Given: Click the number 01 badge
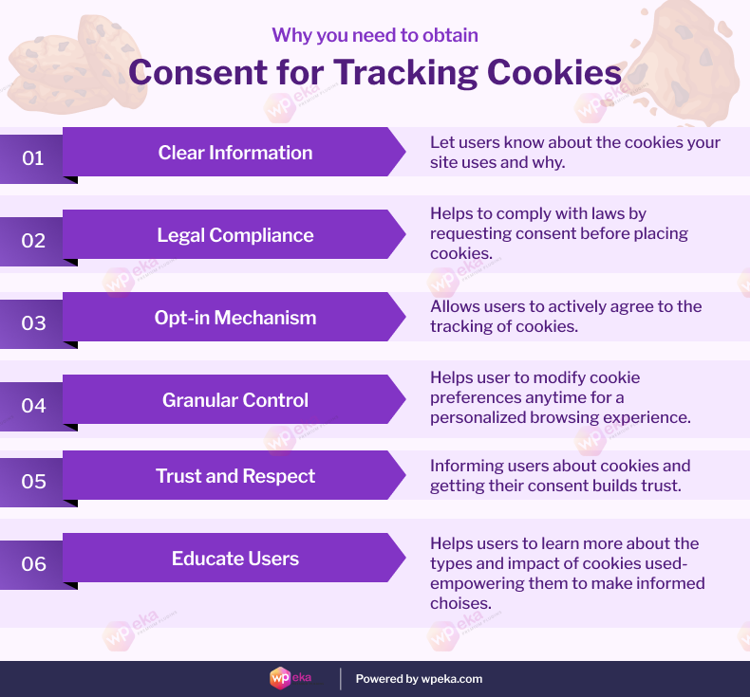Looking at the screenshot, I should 33,158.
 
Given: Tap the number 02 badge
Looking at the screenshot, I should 33,241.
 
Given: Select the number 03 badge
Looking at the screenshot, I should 33,323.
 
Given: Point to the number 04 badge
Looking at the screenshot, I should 33,406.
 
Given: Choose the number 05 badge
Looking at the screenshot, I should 33,482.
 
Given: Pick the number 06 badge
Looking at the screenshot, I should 33,564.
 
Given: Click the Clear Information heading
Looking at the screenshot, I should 235,153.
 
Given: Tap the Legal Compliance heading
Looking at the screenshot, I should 235,235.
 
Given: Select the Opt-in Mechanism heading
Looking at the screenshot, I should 235,318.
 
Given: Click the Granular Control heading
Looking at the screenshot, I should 235,400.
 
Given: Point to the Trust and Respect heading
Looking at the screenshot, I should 235,476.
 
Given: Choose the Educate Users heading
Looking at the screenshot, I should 235,559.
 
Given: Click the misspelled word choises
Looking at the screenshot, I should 460,603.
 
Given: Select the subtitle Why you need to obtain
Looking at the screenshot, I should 375,36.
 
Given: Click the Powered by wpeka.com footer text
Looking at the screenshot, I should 419,679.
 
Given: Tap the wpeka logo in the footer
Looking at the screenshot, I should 291,679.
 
